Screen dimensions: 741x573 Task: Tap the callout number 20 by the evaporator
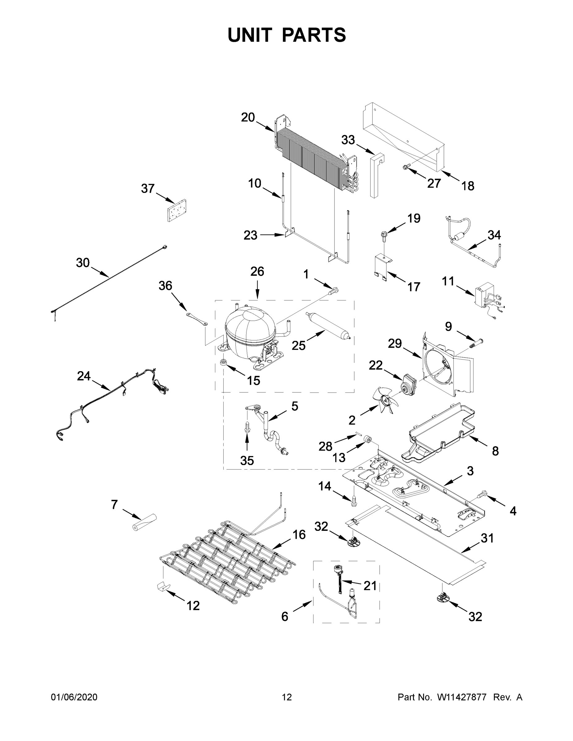point(248,117)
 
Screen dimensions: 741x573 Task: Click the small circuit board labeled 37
point(177,210)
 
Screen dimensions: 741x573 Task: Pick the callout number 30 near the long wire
point(82,263)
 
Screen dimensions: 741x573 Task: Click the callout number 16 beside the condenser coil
point(299,534)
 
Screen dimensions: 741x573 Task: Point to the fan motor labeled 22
point(409,384)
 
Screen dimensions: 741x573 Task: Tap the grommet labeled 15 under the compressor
point(224,363)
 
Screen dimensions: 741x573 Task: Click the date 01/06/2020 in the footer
point(74,697)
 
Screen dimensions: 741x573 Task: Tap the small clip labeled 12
point(162,586)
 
